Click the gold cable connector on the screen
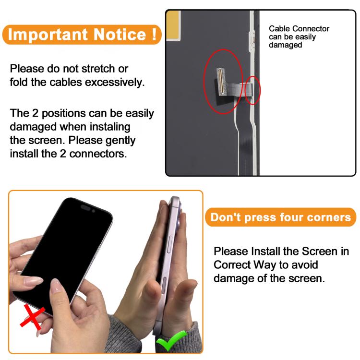point(220,82)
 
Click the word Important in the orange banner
point(48,35)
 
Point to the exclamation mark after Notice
point(154,34)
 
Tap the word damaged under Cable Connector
point(286,45)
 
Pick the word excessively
point(115,83)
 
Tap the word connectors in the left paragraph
point(98,154)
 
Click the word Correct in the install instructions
point(232,264)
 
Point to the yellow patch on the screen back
point(173,25)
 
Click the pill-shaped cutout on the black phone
point(85,207)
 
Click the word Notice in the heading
point(120,35)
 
